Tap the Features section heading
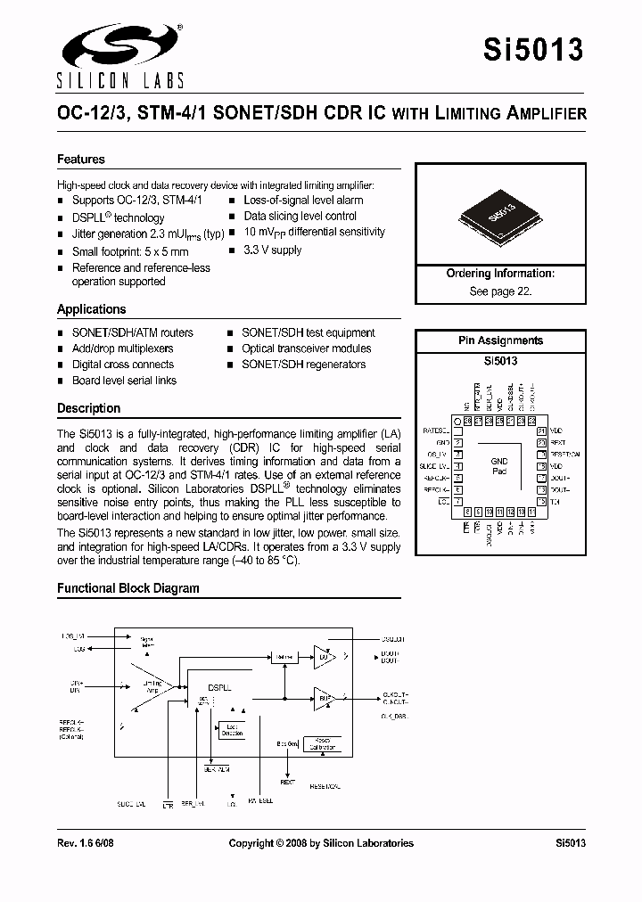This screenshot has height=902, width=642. (81, 160)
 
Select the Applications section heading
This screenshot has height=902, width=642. (92, 309)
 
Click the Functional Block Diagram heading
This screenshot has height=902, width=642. (128, 588)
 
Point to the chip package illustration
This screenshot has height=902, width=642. (500, 217)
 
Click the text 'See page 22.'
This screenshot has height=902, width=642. (500, 291)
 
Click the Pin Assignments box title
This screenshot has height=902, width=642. (500, 340)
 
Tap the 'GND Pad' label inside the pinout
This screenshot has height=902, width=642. (499, 466)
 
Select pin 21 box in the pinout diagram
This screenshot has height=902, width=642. (541, 430)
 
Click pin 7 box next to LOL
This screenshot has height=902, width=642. (457, 502)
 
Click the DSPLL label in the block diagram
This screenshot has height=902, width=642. (220, 687)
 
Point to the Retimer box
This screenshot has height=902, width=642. (284, 657)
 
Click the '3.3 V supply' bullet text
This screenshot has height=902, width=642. (273, 250)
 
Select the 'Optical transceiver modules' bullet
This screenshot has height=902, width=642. (306, 348)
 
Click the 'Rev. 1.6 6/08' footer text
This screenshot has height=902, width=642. (87, 843)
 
